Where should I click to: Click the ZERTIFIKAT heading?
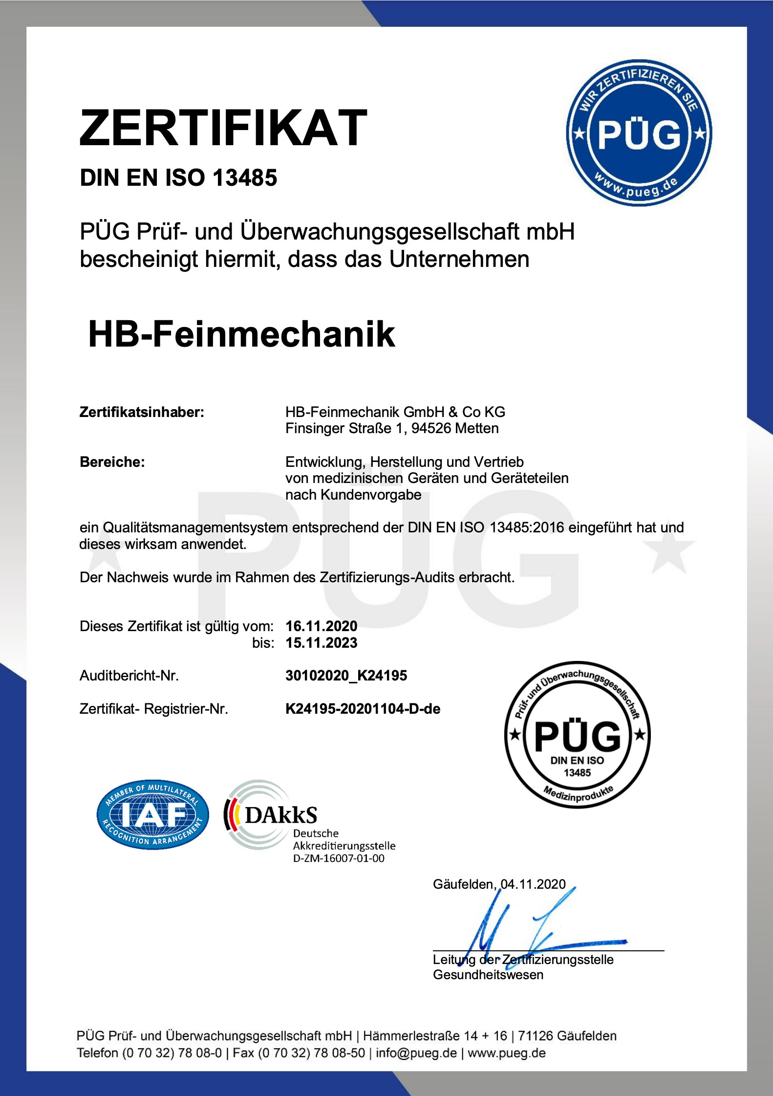click(x=223, y=128)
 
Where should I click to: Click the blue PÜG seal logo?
click(x=639, y=133)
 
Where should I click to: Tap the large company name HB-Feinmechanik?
click(x=241, y=334)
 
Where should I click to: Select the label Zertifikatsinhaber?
click(x=142, y=412)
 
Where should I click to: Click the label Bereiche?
click(x=112, y=462)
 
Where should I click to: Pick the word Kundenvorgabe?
click(x=371, y=495)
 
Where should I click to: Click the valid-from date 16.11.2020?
click(x=322, y=626)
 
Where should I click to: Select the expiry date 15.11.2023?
click(x=322, y=643)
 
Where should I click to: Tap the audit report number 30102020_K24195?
click(x=346, y=676)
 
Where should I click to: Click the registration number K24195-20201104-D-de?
click(x=363, y=709)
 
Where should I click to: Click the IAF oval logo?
click(x=152, y=814)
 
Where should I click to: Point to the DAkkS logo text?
click(x=280, y=815)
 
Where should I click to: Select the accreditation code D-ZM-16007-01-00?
click(x=339, y=858)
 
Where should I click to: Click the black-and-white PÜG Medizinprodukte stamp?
click(x=577, y=734)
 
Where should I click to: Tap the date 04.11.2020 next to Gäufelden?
click(x=533, y=884)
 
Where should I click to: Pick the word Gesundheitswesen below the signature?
click(x=488, y=975)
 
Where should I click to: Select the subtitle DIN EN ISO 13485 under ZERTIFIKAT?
click(x=178, y=177)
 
